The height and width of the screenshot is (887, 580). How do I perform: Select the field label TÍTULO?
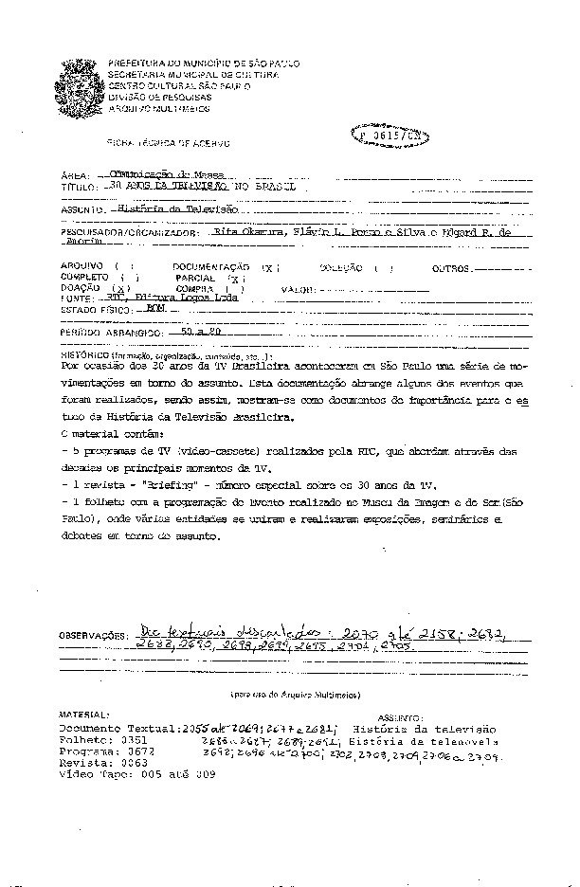pos(78,190)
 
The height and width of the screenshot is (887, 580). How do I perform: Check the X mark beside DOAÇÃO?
pos(120,288)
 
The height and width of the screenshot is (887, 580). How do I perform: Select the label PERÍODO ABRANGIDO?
pos(106,335)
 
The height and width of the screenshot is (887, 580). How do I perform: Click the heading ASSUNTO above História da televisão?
pos(400,718)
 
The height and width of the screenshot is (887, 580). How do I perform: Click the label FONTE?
pos(77,299)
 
